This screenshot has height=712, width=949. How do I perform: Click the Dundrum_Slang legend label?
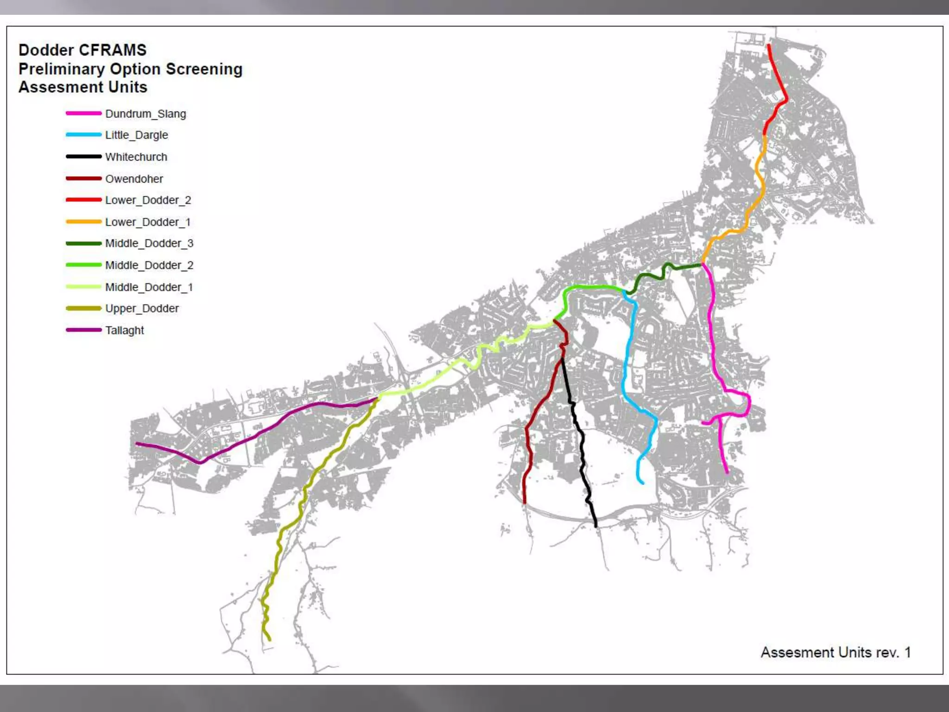(x=146, y=114)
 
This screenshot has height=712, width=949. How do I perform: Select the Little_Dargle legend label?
(x=136, y=135)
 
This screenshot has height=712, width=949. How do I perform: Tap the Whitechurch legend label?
(x=136, y=157)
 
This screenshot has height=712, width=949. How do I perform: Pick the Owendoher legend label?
(x=134, y=179)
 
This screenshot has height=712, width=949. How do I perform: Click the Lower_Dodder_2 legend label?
(x=148, y=200)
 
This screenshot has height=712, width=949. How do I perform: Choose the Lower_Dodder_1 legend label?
(x=147, y=222)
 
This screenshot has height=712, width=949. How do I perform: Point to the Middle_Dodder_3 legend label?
(x=149, y=243)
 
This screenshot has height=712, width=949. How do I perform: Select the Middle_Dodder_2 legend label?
(x=149, y=265)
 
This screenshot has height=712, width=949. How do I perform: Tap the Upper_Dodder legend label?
(x=141, y=309)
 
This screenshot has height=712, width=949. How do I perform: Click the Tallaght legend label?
(x=124, y=331)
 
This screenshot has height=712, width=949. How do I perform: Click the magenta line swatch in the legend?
(x=83, y=114)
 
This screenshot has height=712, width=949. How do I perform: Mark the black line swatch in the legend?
(x=83, y=157)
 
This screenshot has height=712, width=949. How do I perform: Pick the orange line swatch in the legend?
(x=83, y=222)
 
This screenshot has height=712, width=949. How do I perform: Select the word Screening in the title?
(x=204, y=69)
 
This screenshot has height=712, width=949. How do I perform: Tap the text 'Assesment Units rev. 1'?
(x=835, y=653)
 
